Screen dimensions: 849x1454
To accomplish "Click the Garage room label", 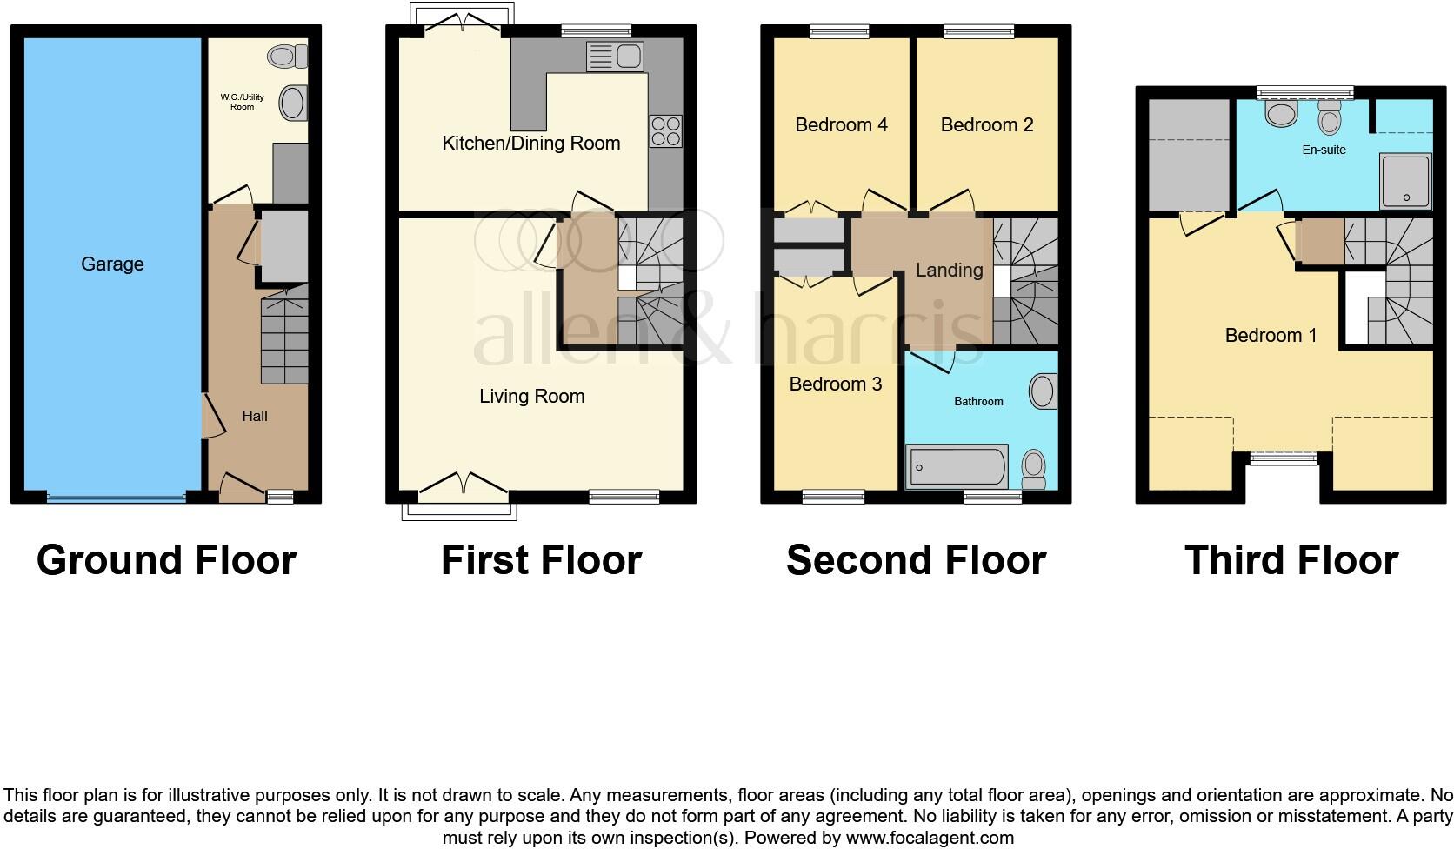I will coord(112,264).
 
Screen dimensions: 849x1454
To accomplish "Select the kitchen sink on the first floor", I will coord(615,57).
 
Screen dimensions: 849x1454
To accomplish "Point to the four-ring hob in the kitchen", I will coord(665,130).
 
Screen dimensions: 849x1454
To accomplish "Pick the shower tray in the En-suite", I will coord(1405,182).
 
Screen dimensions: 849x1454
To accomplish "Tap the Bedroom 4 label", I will coord(841,124).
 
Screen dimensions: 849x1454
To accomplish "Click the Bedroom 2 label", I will coord(987,124).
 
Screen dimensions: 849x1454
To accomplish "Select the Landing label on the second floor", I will coord(949,270).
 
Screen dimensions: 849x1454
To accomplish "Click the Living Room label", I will coord(531,396).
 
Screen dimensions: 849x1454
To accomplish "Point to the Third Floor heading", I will coord(1291,559).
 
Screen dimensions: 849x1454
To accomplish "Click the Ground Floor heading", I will coord(166,559).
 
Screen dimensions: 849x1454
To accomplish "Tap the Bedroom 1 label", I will coord(1270,335).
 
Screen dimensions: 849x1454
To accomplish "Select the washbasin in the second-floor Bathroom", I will coord(1043,391).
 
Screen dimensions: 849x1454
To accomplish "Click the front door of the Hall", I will coord(242,488).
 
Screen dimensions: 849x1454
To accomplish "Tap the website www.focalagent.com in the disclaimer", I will coord(930,838).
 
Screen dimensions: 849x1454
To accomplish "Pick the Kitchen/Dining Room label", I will coord(530,143).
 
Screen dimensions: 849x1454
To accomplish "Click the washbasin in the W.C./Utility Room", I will coord(293,103).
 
